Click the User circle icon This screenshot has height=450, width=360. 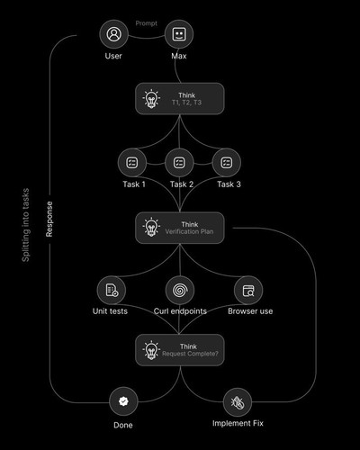pyautogui.click(x=114, y=34)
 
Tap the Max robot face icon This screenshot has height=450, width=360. pyautogui.click(x=179, y=34)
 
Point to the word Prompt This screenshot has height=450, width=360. pyautogui.click(x=146, y=23)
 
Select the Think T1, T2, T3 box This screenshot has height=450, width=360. pyautogui.click(x=180, y=99)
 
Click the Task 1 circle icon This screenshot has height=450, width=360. pyautogui.click(x=132, y=163)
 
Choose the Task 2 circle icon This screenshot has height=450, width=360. pyautogui.click(x=179, y=163)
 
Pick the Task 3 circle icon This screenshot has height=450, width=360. pyautogui.click(x=227, y=163)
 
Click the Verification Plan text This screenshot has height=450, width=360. pyautogui.click(x=189, y=231)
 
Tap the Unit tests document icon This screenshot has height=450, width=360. pyautogui.click(x=112, y=290)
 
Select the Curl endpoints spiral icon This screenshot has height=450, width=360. pyautogui.click(x=180, y=290)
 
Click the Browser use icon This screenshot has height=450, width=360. pyautogui.click(x=248, y=290)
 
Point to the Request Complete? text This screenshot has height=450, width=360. pyautogui.click(x=190, y=354)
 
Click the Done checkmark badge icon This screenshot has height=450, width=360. pyautogui.click(x=123, y=401)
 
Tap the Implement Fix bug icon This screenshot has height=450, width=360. pyautogui.click(x=238, y=402)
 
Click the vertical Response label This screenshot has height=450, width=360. pyautogui.click(x=49, y=219)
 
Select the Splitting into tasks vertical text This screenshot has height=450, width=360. pyautogui.click(x=26, y=225)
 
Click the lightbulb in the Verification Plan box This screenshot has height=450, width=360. pyautogui.click(x=151, y=227)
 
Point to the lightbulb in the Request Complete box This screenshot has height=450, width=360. pyautogui.click(x=151, y=350)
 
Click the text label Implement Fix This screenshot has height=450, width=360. pyautogui.click(x=238, y=423)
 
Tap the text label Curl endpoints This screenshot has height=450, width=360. pyautogui.click(x=180, y=311)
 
